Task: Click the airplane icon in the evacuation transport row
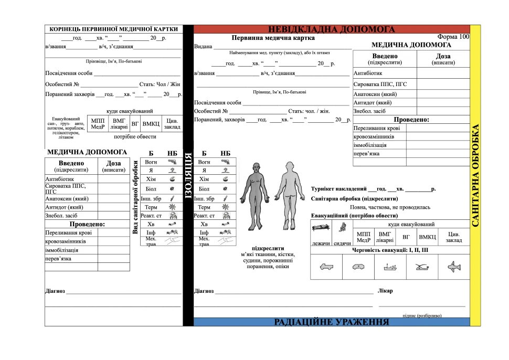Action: click(x=454, y=268)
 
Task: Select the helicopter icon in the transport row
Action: click(x=422, y=268)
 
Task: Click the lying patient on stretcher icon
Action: click(x=320, y=228)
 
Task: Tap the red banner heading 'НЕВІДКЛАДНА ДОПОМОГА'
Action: click(x=332, y=29)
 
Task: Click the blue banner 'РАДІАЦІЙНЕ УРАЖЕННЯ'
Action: click(x=332, y=322)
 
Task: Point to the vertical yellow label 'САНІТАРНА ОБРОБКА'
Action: click(x=475, y=175)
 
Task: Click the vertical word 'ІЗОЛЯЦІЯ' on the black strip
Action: click(x=188, y=176)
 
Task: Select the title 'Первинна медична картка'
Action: click(x=273, y=38)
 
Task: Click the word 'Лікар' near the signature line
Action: click(x=385, y=290)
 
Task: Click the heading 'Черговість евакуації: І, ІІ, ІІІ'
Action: click(x=390, y=250)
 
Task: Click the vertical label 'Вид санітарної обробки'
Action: click(x=135, y=197)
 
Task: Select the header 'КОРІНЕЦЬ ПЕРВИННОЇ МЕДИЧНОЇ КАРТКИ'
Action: click(x=113, y=29)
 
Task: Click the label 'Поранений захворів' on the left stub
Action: click(x=70, y=94)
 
